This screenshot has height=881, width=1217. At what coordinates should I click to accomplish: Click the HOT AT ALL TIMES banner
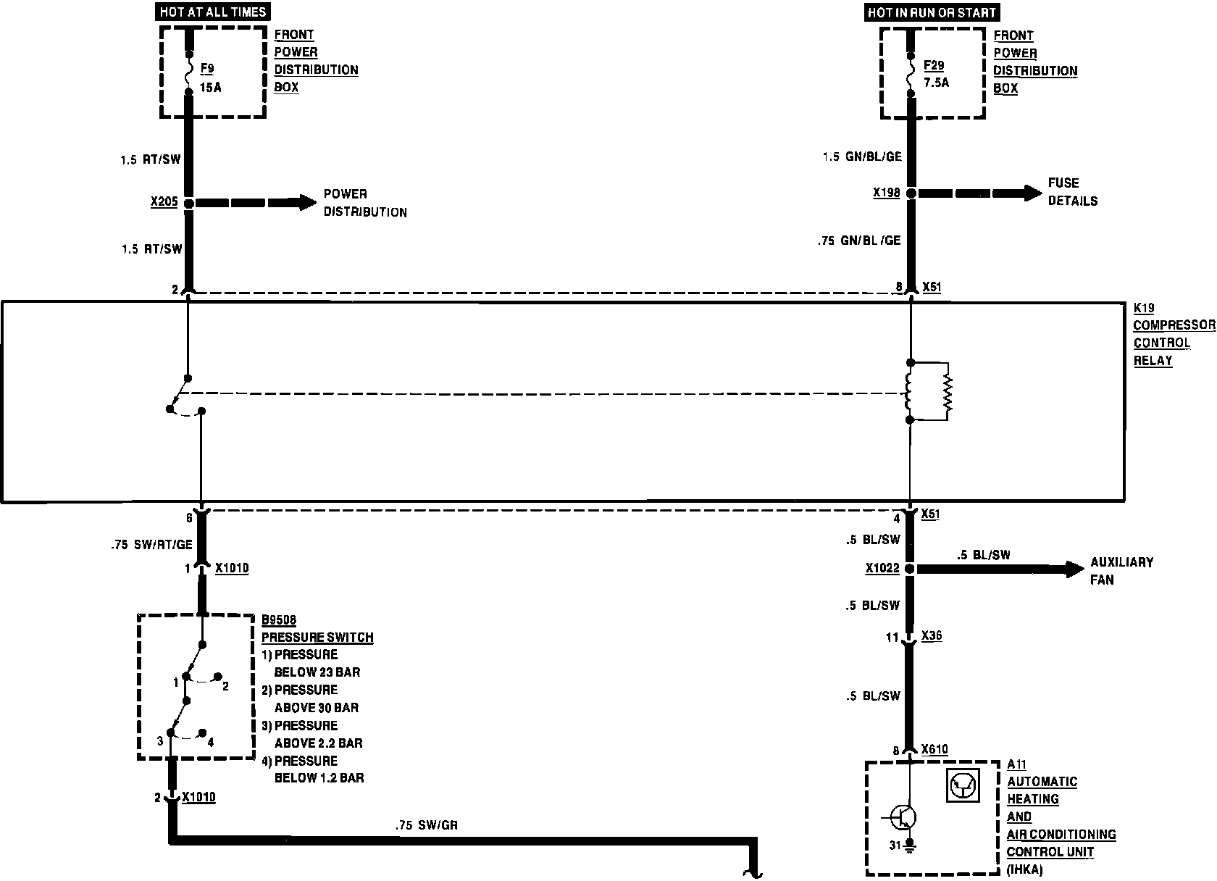point(211,12)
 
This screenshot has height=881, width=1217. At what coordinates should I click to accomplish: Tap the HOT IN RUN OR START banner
point(932,12)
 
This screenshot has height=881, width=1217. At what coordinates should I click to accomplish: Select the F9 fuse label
point(207,69)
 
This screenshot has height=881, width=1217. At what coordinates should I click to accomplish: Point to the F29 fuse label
point(934,65)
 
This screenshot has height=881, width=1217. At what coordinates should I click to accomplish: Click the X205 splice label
point(164,202)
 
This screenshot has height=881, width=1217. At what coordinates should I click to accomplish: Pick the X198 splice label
point(886,193)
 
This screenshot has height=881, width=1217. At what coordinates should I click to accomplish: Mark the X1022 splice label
point(882,569)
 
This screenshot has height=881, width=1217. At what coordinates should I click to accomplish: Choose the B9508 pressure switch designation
point(279,620)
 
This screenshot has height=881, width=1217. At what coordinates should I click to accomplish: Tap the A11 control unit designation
point(1017,764)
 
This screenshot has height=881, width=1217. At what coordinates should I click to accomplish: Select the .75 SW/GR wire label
point(427,824)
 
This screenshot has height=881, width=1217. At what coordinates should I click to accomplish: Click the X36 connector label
point(932,636)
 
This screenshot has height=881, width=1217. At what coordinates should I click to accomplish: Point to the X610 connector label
point(934,750)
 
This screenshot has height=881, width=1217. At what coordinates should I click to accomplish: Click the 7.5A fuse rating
point(936,83)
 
